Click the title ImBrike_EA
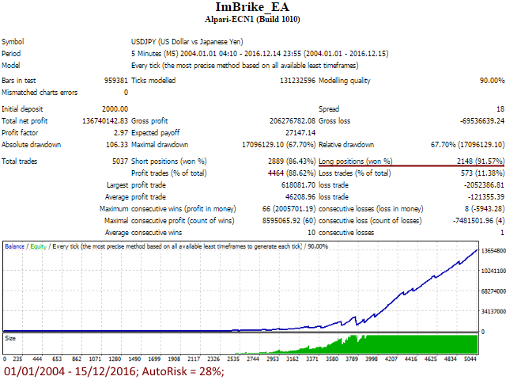coord(253,8)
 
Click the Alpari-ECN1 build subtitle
coord(253,20)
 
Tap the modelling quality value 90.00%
coord(489,80)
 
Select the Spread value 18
coord(500,108)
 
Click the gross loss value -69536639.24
coord(475,120)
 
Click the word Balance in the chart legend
coord(15,247)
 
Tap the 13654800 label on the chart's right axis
coord(493,251)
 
